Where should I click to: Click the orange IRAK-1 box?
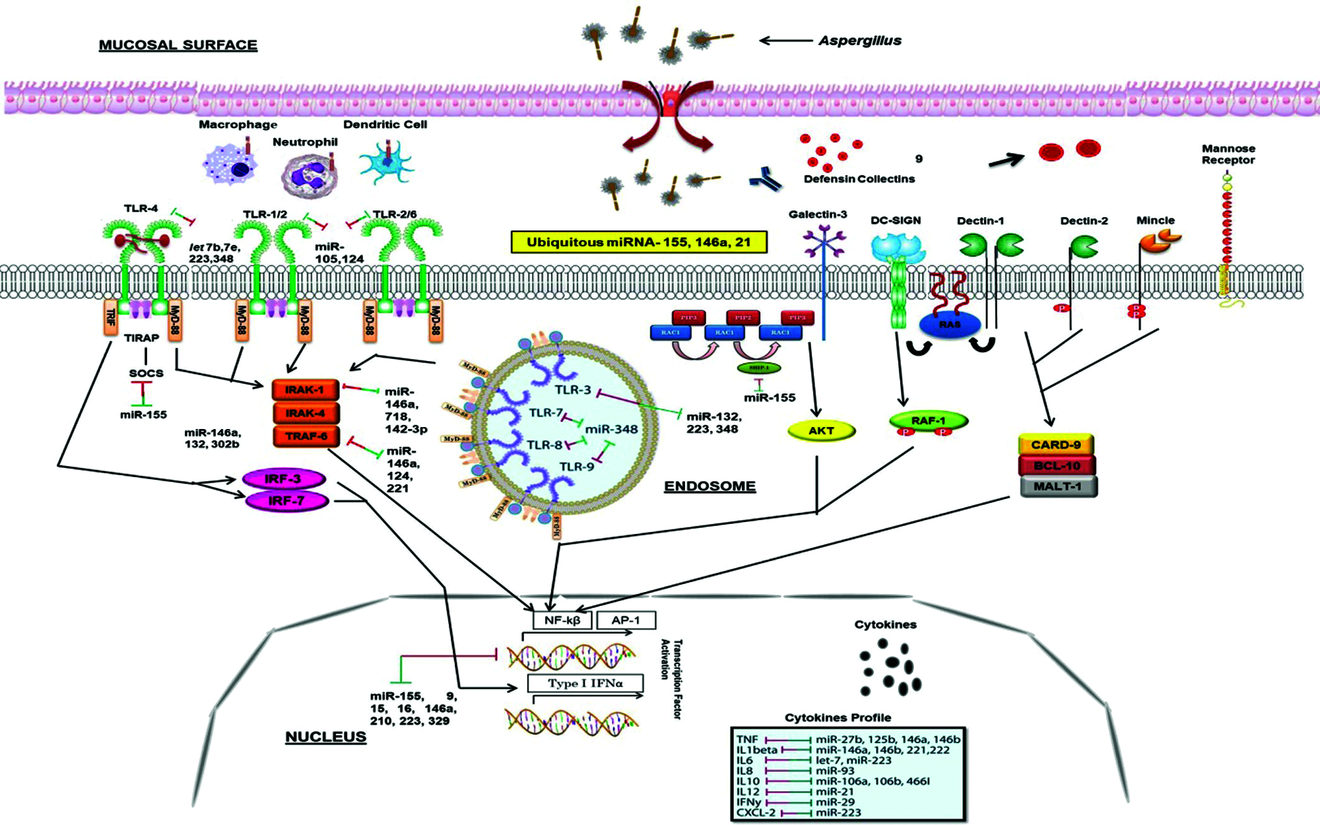tap(305, 390)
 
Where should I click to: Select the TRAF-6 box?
tap(306, 436)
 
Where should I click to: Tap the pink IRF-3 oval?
tap(284, 479)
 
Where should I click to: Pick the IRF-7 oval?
tap(286, 501)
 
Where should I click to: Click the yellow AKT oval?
tap(821, 431)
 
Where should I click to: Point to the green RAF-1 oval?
tap(928, 420)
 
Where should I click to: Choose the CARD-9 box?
tap(1056, 445)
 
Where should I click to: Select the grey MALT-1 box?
tap(1058, 486)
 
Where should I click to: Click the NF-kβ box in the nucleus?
tap(562, 620)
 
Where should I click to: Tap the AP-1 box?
tap(626, 620)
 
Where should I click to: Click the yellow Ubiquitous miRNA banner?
tap(639, 242)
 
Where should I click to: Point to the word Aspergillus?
tap(859, 41)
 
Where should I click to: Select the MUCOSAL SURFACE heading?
tap(178, 45)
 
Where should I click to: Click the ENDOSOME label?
tap(709, 486)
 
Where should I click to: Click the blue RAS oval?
tap(950, 324)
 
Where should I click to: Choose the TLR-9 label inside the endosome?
tap(577, 467)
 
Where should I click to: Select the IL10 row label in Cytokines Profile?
tap(748, 781)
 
